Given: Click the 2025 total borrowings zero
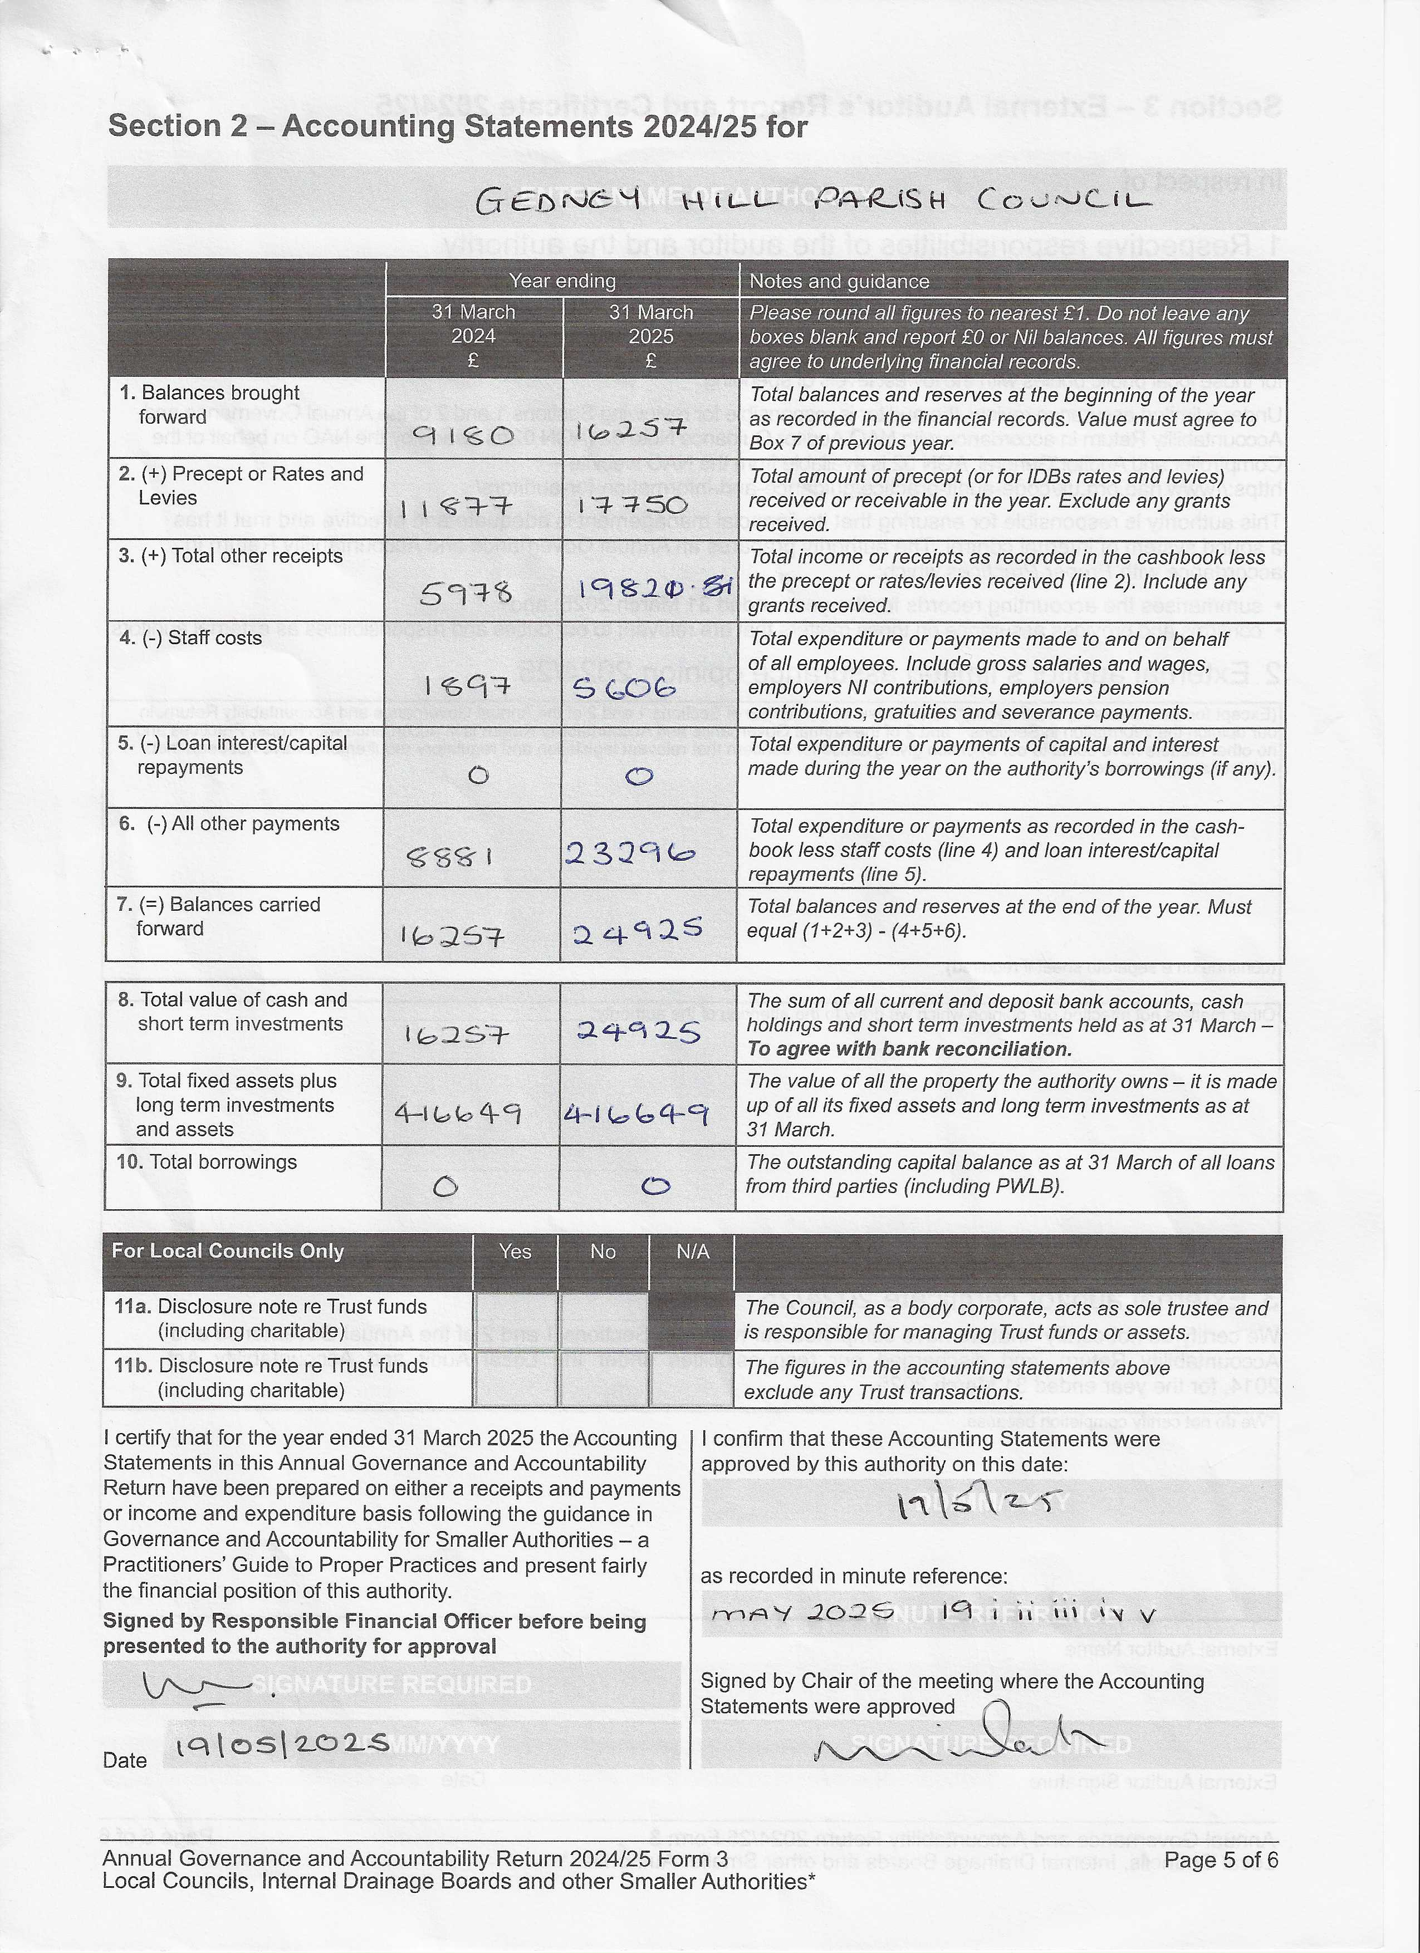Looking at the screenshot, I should [655, 1186].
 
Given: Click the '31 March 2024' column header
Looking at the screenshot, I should [473, 336].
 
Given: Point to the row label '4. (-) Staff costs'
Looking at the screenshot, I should [190, 638].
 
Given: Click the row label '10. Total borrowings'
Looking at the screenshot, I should [207, 1162].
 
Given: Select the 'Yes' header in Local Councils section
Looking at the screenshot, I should [515, 1251].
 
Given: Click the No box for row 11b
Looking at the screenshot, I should [602, 1378].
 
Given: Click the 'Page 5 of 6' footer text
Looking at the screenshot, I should [1220, 1860].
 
